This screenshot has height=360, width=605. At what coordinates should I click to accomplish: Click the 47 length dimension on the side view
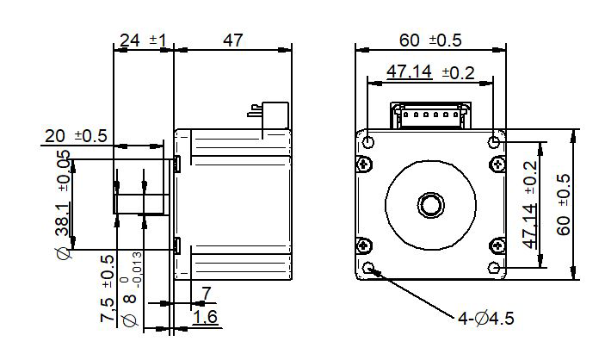click(x=232, y=40)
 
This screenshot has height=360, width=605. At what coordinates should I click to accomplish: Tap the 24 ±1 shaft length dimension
click(x=143, y=40)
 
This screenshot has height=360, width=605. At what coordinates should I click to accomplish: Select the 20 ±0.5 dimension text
click(x=76, y=136)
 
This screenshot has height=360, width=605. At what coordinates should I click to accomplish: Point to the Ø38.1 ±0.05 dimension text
click(x=64, y=204)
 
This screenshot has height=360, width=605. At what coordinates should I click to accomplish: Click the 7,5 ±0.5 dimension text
click(x=108, y=289)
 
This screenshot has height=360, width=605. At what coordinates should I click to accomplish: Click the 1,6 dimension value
click(x=205, y=317)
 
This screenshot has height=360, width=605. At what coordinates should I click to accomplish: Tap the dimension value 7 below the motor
click(x=207, y=294)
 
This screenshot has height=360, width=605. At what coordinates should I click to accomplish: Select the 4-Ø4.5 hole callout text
click(x=485, y=319)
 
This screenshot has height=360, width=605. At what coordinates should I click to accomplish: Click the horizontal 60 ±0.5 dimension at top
click(x=430, y=40)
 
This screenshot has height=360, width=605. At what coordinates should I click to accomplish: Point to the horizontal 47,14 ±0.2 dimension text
click(x=430, y=72)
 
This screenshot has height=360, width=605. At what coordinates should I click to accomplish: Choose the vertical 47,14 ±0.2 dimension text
click(x=530, y=205)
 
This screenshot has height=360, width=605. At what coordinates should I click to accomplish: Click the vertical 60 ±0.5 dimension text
click(x=564, y=205)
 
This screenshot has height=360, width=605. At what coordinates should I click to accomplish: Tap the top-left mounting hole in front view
click(x=368, y=142)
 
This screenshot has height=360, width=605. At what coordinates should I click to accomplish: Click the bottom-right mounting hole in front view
click(x=494, y=267)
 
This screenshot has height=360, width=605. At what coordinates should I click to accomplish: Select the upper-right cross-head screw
click(x=497, y=165)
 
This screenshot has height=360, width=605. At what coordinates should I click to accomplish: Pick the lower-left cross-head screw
click(x=364, y=245)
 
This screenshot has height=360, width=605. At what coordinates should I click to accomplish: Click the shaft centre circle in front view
click(x=430, y=205)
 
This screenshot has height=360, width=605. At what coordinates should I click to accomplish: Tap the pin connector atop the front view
click(x=430, y=115)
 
